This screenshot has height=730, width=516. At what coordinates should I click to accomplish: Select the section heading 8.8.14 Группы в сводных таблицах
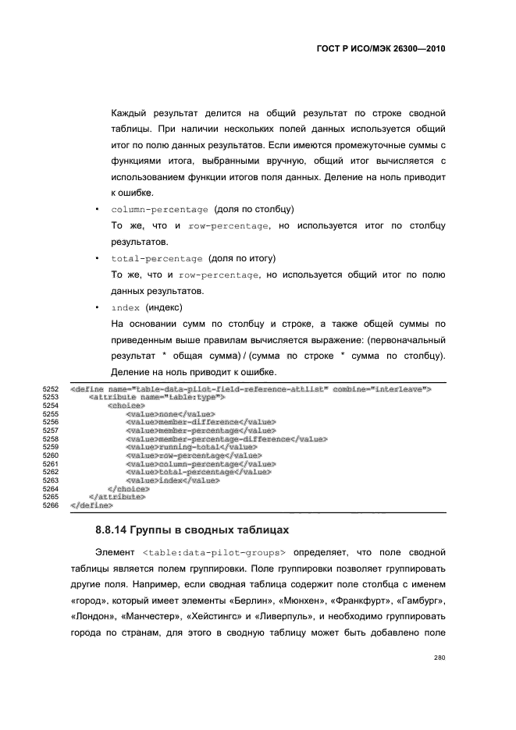point(191,530)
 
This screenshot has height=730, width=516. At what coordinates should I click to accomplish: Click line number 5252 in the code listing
point(50,388)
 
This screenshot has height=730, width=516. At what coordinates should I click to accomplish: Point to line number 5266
point(50,505)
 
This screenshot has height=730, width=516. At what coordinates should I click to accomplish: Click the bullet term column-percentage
point(159,210)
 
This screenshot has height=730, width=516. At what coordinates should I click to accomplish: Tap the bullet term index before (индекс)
point(126,307)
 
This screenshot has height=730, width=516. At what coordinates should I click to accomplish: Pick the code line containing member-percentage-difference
point(226,439)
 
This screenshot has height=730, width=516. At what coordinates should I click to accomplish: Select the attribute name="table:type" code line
point(157,397)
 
